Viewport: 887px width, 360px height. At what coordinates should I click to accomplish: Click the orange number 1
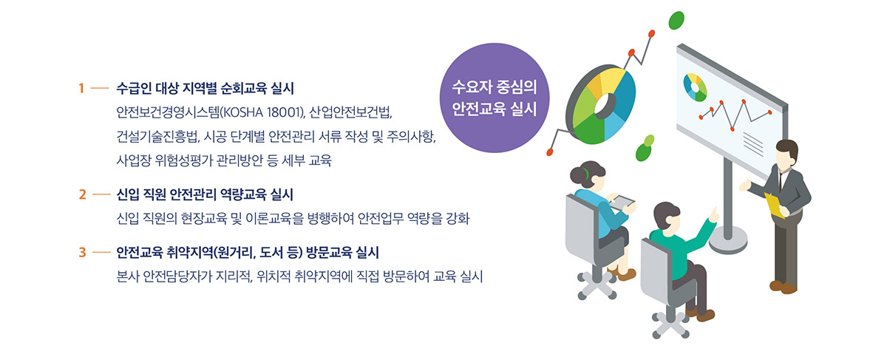(x=81, y=88)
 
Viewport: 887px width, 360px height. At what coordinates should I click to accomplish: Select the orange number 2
(x=82, y=194)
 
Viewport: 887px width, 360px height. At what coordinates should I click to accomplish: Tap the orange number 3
(x=82, y=252)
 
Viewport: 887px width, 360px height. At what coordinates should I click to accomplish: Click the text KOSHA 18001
(x=262, y=112)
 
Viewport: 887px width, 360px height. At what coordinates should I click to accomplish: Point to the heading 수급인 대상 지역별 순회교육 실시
(x=205, y=88)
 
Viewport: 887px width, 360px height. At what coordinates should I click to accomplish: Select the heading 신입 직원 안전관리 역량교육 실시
(x=205, y=194)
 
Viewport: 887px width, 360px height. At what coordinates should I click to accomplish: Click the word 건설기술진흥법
(x=157, y=137)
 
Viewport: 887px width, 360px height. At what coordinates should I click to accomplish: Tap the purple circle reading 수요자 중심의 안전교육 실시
(x=495, y=98)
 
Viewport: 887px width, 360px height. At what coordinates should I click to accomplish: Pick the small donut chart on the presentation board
(x=695, y=87)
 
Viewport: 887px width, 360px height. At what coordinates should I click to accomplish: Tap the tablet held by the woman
(x=622, y=201)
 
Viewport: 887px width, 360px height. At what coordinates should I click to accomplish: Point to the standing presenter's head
(x=787, y=153)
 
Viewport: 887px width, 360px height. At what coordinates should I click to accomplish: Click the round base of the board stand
(x=728, y=240)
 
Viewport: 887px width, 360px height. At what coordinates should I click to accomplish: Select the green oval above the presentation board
(x=676, y=20)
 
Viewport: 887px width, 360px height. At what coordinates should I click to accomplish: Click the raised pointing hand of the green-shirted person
(x=714, y=215)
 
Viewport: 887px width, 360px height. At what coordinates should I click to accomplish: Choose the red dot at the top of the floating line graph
(x=651, y=34)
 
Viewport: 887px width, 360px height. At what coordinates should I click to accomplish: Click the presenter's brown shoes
(x=784, y=287)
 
